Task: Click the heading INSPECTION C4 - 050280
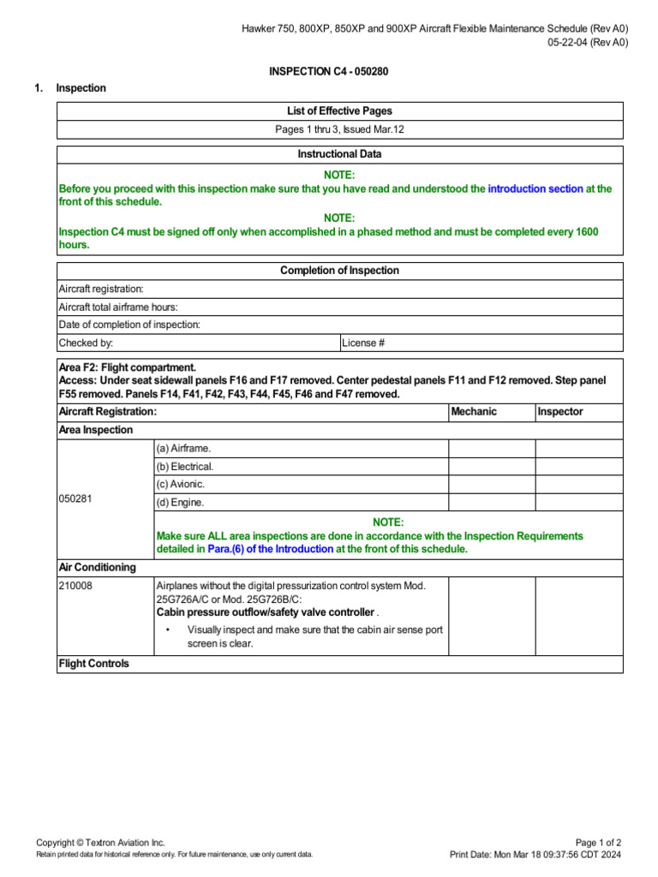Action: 328,71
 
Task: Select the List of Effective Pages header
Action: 339,111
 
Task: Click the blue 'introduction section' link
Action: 535,188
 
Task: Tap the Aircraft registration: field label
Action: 101,289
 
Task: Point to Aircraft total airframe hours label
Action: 118,307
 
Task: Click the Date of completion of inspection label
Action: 129,325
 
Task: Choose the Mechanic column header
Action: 474,412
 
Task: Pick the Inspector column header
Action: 560,412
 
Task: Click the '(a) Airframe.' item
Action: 182,449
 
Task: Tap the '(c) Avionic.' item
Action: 181,485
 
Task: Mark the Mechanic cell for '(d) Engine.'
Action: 492,503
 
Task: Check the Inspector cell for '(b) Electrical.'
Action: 579,467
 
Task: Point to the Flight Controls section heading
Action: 93,664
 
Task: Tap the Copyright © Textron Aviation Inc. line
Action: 100,843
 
